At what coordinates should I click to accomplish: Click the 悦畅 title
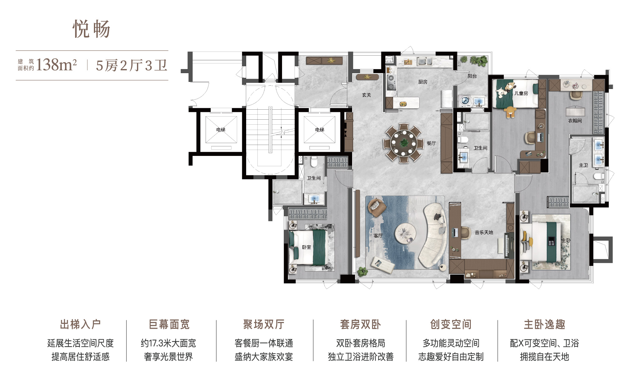point(91,29)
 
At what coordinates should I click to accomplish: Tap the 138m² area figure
point(56,65)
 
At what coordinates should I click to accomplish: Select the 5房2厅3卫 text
point(131,66)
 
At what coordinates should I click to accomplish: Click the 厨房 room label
point(423,82)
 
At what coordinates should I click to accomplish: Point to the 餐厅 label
point(431,143)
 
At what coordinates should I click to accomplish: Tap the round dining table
point(404,143)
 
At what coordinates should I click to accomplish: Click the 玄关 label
point(367,95)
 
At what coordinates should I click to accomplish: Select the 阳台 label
point(472,76)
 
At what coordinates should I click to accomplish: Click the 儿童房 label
point(521,93)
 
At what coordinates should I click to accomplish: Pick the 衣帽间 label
point(575,121)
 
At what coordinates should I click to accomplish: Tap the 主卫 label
point(583,165)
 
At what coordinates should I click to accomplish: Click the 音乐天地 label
point(484,232)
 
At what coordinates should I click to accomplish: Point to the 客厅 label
point(378,236)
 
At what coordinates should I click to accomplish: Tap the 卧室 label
point(306,247)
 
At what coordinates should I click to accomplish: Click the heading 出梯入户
point(80,324)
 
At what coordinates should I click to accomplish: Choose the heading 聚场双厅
point(264,324)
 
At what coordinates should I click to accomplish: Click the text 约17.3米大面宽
point(168,343)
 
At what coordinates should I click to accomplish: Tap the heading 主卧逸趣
point(544,324)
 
